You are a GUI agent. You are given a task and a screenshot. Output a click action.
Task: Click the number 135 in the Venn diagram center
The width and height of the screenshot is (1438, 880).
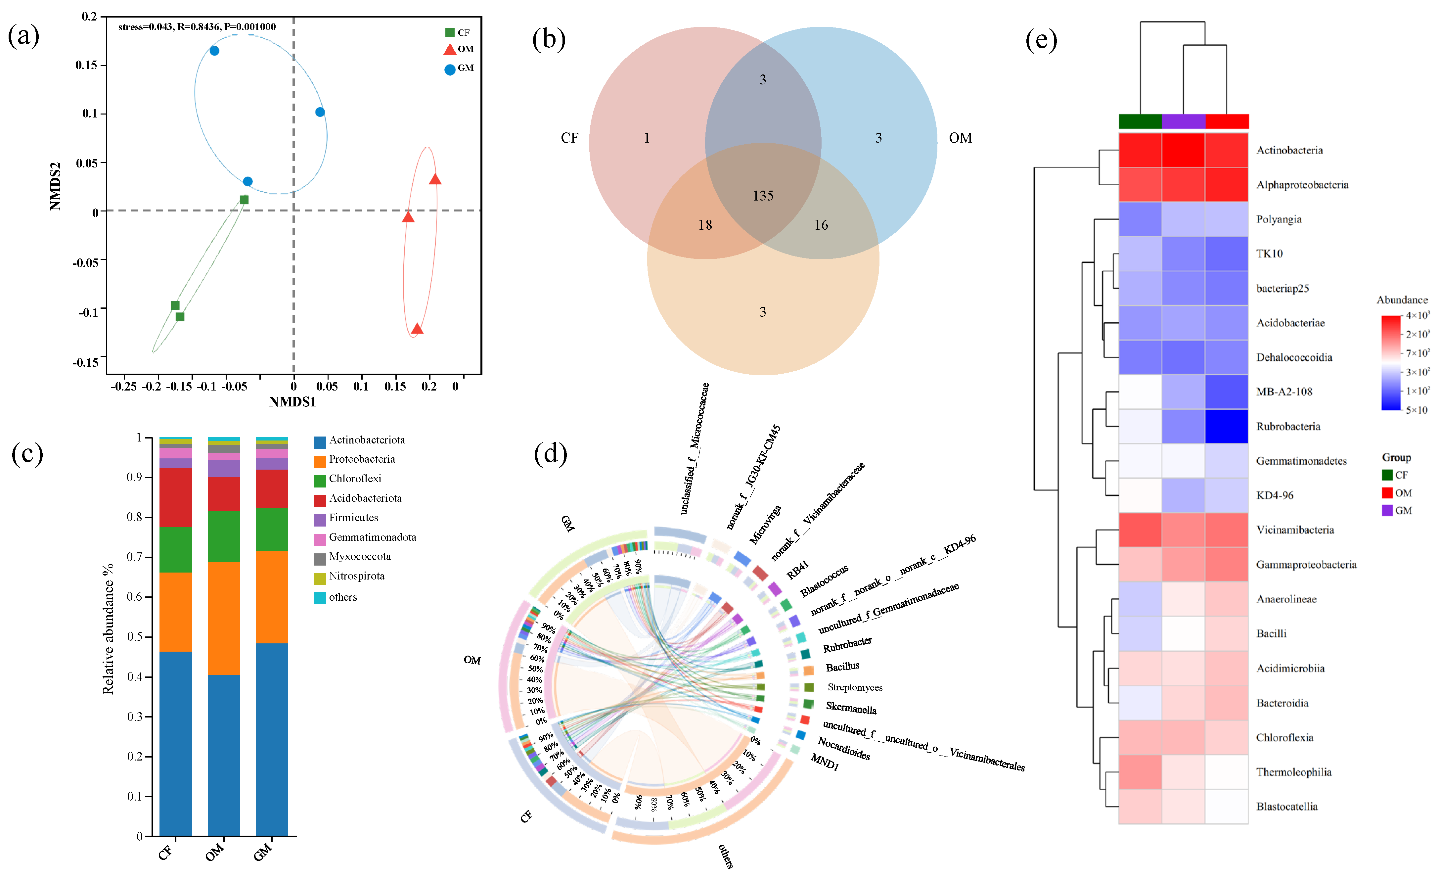pyautogui.click(x=763, y=196)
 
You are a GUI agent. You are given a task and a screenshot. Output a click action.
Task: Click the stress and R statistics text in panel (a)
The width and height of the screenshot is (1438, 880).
pyautogui.click(x=197, y=27)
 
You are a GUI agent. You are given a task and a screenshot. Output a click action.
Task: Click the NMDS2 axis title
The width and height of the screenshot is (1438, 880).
pyautogui.click(x=56, y=186)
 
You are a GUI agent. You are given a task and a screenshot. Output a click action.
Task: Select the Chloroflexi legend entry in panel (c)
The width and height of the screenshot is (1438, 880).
pyautogui.click(x=354, y=479)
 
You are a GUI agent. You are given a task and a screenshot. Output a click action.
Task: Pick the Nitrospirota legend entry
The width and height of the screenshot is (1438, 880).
pyautogui.click(x=356, y=576)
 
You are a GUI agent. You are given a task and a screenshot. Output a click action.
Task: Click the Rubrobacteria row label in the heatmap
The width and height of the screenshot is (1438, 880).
pyautogui.click(x=1288, y=427)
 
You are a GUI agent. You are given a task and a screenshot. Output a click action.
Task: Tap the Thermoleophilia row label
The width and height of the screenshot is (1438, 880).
pyautogui.click(x=1293, y=772)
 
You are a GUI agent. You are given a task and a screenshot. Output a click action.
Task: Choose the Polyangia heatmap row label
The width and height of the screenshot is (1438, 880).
pyautogui.click(x=1279, y=219)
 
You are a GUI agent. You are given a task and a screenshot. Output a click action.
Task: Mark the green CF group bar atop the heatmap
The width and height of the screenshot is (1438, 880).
pyautogui.click(x=1140, y=121)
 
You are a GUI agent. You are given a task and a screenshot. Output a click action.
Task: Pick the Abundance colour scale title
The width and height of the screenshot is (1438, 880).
pyautogui.click(x=1402, y=300)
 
